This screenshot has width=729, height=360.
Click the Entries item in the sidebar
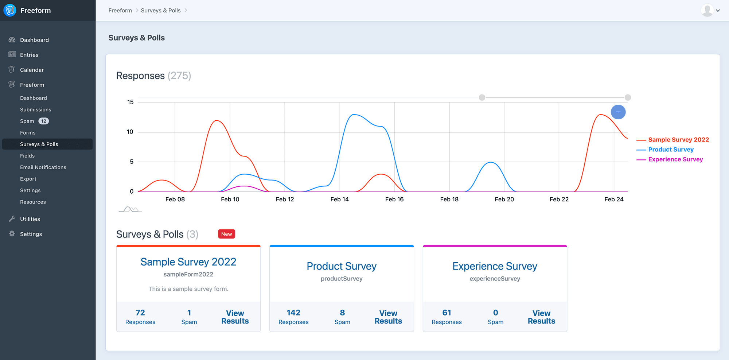click(x=29, y=55)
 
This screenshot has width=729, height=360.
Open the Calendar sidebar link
click(x=32, y=70)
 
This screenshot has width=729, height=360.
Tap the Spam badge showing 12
click(x=43, y=121)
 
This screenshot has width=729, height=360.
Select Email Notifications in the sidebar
click(x=43, y=167)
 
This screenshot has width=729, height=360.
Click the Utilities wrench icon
click(x=12, y=219)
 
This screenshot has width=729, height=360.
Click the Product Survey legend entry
click(x=671, y=150)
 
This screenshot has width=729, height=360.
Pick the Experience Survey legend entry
click(x=675, y=159)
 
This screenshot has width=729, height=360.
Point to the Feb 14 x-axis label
click(x=339, y=199)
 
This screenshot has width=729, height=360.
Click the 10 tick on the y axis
click(x=130, y=132)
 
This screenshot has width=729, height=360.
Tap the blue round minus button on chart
click(x=618, y=112)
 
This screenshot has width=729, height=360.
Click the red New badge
click(x=226, y=234)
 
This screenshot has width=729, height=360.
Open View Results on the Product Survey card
click(x=388, y=317)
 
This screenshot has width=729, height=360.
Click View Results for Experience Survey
click(x=541, y=317)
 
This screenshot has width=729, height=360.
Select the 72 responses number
click(x=140, y=313)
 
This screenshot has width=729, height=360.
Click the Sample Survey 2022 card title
click(x=188, y=262)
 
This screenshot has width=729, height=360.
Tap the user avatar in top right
click(x=707, y=10)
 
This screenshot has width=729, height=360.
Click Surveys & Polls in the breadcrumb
click(x=161, y=11)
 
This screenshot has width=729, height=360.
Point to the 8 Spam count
click(x=342, y=313)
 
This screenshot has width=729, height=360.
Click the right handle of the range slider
click(x=628, y=97)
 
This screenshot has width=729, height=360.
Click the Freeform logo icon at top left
click(x=10, y=10)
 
